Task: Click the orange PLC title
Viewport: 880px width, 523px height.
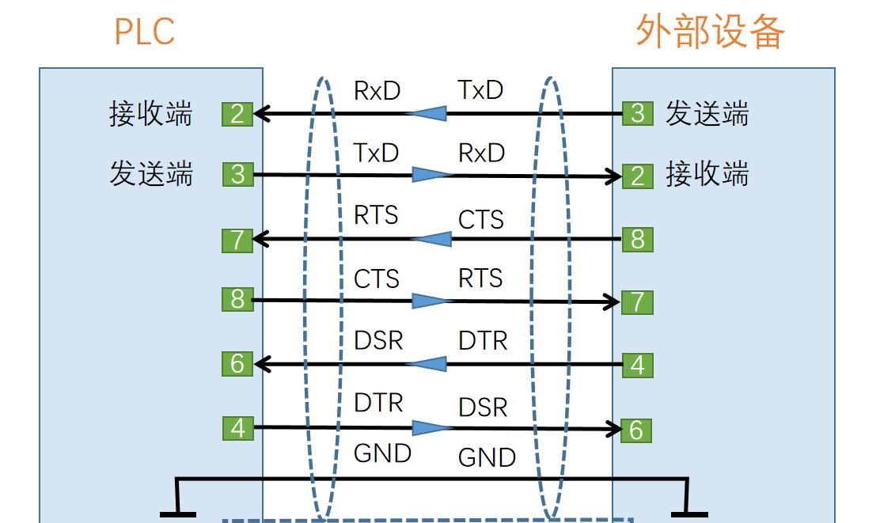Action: [x=144, y=32]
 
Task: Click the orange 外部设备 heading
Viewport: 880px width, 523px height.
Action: [x=710, y=32]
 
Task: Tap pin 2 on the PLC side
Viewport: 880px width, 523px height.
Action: [x=237, y=114]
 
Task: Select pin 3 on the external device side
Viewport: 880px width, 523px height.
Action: [x=638, y=113]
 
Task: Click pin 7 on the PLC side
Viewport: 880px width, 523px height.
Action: [x=237, y=239]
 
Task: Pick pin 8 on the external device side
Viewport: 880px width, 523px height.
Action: [x=638, y=239]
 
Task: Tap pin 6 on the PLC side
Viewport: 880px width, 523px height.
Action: [x=237, y=364]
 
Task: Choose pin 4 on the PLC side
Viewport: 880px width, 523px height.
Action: [x=237, y=428]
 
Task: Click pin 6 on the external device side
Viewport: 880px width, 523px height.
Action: [x=636, y=430]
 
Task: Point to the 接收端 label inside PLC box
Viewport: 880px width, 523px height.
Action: [x=150, y=114]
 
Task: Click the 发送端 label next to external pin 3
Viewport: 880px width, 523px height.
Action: [x=707, y=113]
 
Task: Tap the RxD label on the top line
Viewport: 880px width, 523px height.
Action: [x=377, y=91]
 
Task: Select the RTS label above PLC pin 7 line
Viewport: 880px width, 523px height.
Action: [x=376, y=215]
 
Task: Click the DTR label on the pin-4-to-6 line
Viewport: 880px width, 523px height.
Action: [x=378, y=403]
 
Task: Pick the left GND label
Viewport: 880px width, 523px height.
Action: [x=382, y=453]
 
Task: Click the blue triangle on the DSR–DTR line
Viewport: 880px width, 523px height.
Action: [x=427, y=364]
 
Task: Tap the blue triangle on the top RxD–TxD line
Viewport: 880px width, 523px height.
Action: [x=427, y=114]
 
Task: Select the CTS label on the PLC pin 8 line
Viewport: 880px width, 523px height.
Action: [x=377, y=279]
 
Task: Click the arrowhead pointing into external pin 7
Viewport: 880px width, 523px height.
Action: [x=613, y=301]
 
